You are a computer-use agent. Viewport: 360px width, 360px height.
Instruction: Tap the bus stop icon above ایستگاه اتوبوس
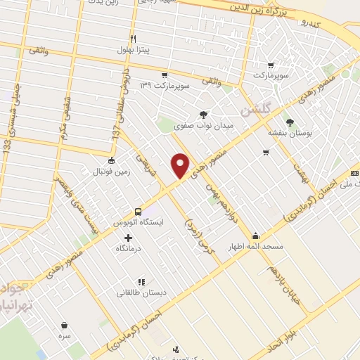(138, 211)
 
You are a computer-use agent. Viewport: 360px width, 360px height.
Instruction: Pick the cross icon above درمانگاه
(127, 238)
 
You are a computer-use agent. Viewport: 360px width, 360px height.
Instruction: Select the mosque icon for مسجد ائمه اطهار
(255, 236)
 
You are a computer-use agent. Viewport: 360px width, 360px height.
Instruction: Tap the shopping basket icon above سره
(65, 326)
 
